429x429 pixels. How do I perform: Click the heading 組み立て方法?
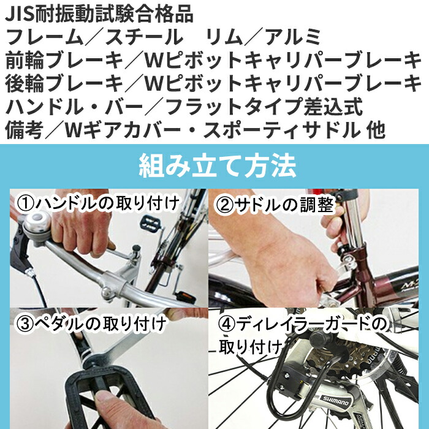pos(218,166)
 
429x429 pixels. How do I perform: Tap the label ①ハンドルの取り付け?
pos(98,202)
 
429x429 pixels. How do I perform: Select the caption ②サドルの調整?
pos(275,205)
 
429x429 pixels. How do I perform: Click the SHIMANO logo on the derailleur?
pos(335,403)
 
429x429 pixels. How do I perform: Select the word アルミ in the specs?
pos(292,37)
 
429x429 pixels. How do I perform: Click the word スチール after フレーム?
pos(143,37)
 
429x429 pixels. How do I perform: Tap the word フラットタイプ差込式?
pos(264,106)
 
